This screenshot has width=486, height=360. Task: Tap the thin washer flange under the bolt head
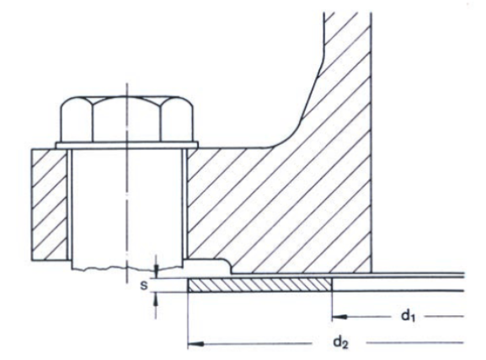[x=126, y=146]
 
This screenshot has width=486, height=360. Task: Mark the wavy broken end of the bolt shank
[x=126, y=269]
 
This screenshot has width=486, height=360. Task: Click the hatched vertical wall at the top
[x=345, y=51]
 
